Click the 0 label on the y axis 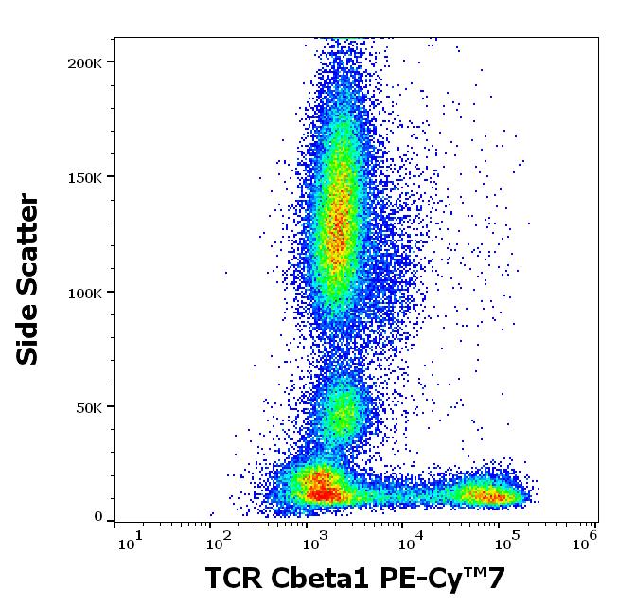[x=97, y=517]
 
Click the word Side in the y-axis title [x=28, y=331]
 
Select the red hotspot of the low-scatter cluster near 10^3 [x=325, y=490]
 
